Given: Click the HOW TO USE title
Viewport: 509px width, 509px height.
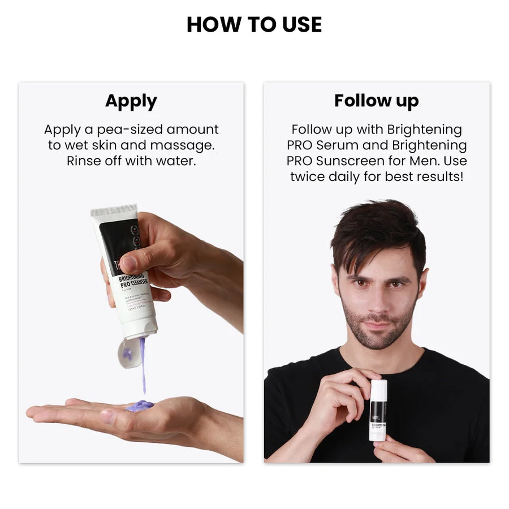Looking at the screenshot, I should [254, 24].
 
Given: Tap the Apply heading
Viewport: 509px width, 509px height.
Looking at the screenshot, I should [131, 101].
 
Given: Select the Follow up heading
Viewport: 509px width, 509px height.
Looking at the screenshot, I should [376, 101].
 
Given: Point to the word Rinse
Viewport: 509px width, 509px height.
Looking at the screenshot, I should [85, 161].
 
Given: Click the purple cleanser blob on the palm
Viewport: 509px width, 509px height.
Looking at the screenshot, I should [140, 405].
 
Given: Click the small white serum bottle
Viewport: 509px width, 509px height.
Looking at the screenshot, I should [378, 410].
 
